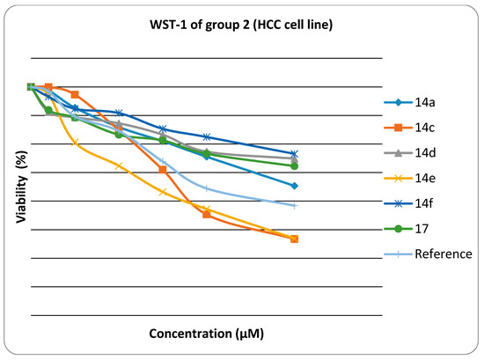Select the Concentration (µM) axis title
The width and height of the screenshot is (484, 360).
207,334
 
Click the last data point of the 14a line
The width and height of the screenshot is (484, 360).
294,186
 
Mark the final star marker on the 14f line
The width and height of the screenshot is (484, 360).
294,154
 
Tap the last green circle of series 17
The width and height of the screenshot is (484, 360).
294,165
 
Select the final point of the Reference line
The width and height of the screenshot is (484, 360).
294,205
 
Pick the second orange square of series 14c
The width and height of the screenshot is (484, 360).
48,87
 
